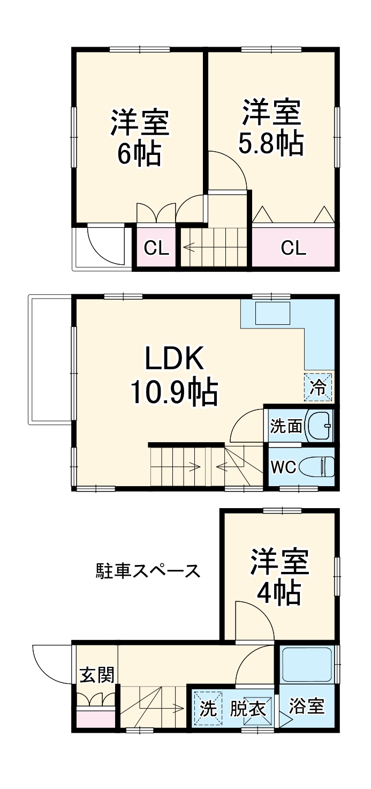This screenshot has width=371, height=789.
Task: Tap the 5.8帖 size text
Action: [271, 143]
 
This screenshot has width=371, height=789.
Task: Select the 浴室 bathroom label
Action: [307, 706]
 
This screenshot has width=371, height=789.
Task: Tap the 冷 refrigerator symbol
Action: [319, 387]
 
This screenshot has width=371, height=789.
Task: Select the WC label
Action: [283, 467]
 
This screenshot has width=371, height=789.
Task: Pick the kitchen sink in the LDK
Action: [272, 314]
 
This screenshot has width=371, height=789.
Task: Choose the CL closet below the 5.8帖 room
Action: [294, 248]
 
